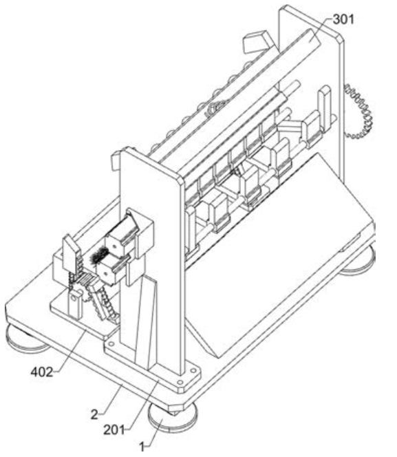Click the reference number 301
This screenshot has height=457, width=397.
coord(343,19)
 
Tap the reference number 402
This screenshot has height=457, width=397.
coord(42,372)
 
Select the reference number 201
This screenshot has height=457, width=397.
coord(114,430)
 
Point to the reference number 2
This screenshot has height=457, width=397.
coord(95,414)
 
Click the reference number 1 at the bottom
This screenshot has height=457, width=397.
coord(142,447)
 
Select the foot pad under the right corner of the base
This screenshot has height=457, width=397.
coord(359,261)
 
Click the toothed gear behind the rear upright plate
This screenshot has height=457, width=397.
coord(359,111)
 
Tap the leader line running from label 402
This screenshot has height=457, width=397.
coord(70,352)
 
